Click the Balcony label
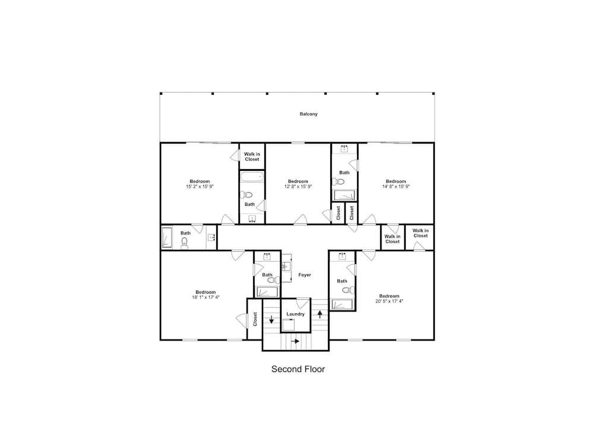308,114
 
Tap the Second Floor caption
298,369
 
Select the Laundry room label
295,314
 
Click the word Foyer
305,275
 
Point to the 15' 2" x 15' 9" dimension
200,186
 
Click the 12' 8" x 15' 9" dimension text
298,186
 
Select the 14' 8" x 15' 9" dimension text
396,186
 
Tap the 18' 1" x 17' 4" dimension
206,297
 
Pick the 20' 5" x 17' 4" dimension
390,301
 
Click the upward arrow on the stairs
320,314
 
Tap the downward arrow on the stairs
271,319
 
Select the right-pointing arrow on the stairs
295,341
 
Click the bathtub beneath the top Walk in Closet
252,177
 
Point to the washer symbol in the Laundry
289,325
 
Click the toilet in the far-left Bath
185,243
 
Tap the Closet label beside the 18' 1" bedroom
255,319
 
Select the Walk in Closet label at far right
421,233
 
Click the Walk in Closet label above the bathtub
252,157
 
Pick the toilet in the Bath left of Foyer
272,280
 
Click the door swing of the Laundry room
302,303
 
